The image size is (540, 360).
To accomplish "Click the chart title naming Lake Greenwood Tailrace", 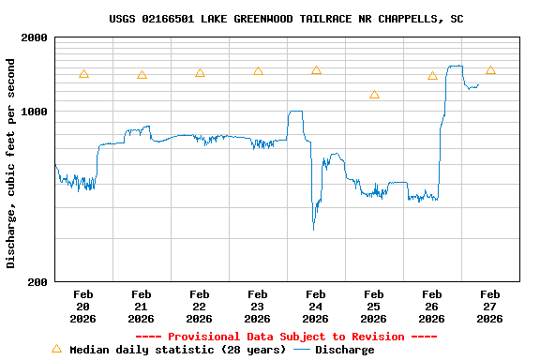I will click(286, 19).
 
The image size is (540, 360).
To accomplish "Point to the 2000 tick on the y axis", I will click(35, 37).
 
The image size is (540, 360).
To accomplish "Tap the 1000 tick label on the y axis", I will click(35, 112).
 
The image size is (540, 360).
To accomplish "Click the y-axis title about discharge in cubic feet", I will click(11, 163).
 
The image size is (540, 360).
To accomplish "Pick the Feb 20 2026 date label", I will click(82, 307).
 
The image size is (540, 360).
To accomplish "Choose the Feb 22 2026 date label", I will click(199, 307).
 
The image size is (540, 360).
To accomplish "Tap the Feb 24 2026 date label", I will click(315, 307).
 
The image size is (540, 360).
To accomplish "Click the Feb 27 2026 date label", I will click(489, 307).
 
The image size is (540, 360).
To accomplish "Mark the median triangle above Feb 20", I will click(83, 74).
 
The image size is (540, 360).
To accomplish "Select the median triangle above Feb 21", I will click(142, 75).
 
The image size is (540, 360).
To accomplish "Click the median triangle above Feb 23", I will click(258, 71).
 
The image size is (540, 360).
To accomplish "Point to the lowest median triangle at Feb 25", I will click(374, 95).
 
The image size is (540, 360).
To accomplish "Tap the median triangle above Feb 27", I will click(490, 70).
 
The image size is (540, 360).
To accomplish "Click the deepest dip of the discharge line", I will click(313, 228).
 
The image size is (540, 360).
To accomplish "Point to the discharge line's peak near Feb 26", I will click(455, 67).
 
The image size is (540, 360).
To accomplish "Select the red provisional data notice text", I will click(286, 337).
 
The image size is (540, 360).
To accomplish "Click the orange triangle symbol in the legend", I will click(56, 349).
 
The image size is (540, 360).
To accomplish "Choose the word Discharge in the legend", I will click(344, 350).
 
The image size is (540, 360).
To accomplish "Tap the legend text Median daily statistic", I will click(177, 350).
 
